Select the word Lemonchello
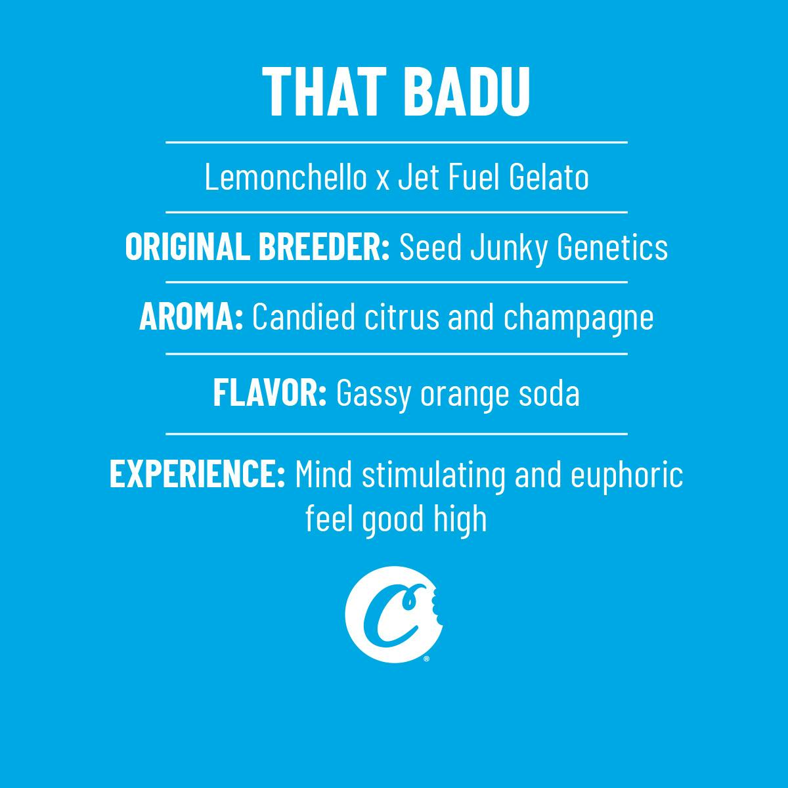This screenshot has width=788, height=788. click(286, 177)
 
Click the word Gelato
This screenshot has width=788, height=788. click(549, 177)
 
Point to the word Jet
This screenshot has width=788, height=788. click(419, 177)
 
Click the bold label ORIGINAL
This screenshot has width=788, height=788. click(187, 247)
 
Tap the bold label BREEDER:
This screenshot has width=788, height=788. click(324, 247)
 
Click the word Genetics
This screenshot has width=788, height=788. click(612, 247)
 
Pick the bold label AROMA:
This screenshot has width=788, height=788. click(191, 317)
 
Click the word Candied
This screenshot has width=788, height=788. click(304, 317)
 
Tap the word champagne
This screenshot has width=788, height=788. click(579, 319)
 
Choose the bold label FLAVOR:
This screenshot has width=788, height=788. click(270, 393)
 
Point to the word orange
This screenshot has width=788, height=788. click(464, 396)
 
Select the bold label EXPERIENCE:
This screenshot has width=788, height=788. click(198, 474)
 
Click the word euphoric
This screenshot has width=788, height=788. click(627, 476)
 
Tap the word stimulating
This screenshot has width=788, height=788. click(433, 476)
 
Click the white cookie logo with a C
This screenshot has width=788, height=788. click(394, 615)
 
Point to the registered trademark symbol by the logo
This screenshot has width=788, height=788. click(427, 659)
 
